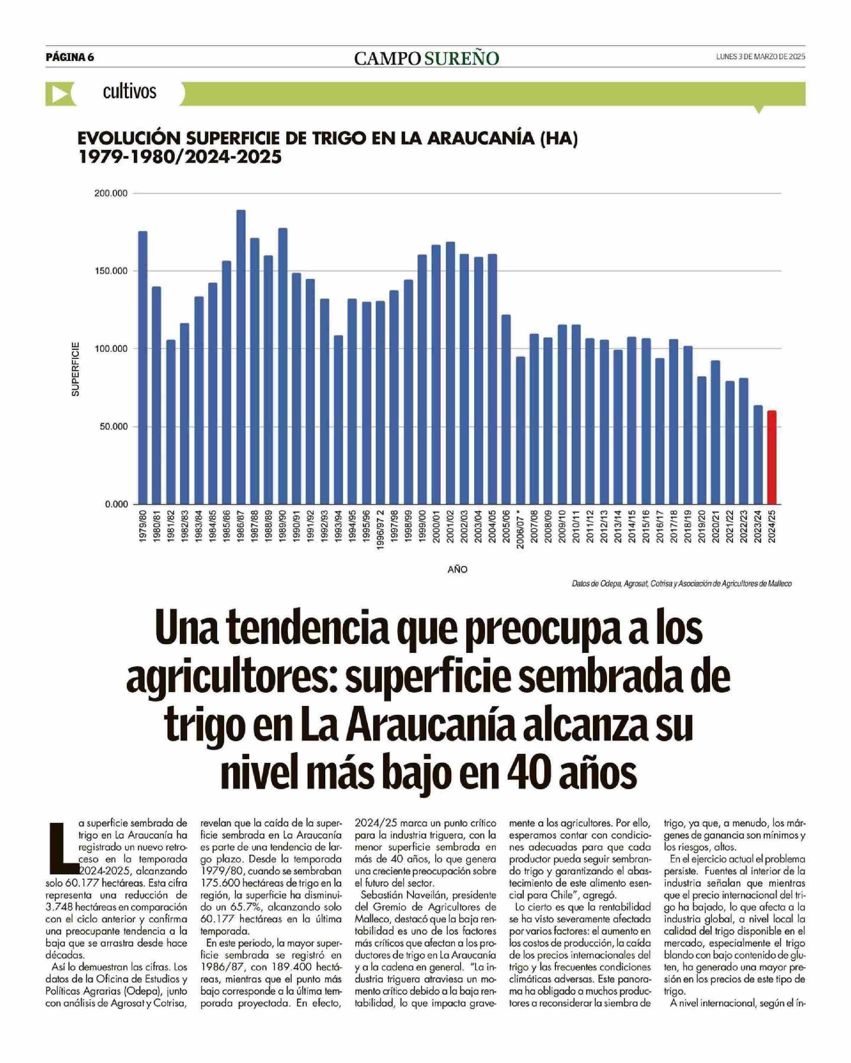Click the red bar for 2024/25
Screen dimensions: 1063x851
pyautogui.click(x=772, y=457)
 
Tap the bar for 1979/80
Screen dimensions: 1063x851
pyautogui.click(x=143, y=367)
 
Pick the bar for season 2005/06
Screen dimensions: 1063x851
pyautogui.click(x=506, y=409)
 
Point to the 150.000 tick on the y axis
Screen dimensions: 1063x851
pyautogui.click(x=111, y=271)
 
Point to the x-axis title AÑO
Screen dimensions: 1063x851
pyautogui.click(x=457, y=569)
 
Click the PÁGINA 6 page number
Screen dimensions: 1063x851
pyautogui.click(x=69, y=57)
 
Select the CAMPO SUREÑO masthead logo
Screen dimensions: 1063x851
pyautogui.click(x=426, y=58)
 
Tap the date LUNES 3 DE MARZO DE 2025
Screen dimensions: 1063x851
pyautogui.click(x=760, y=57)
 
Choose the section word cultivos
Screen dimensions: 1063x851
pyautogui.click(x=129, y=92)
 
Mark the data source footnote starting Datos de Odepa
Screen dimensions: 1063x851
pyautogui.click(x=682, y=584)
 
